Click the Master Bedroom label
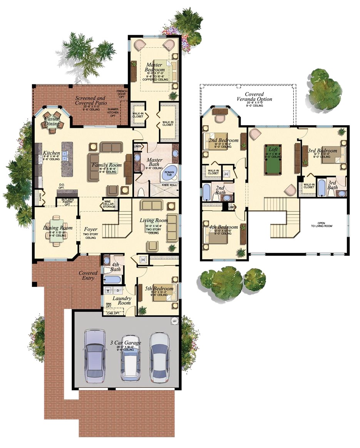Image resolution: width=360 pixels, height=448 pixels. pyautogui.click(x=154, y=67)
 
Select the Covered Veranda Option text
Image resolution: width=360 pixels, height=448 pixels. pyautogui.click(x=254, y=97)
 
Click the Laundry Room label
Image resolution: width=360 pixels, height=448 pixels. pyautogui.click(x=122, y=300)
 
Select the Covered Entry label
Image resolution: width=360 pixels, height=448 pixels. pyautogui.click(x=88, y=275)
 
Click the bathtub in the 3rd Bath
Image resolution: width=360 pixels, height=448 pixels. pyautogui.click(x=321, y=188)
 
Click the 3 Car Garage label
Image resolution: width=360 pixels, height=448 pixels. pyautogui.click(x=125, y=342)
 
